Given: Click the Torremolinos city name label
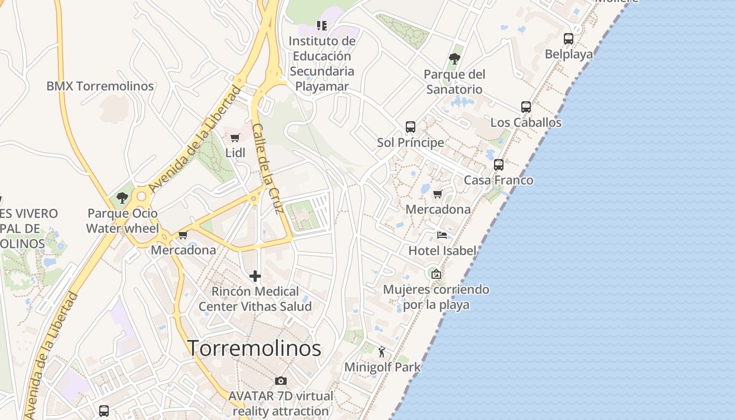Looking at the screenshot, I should coord(254,348).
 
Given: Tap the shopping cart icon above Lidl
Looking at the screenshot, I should coord(235,138).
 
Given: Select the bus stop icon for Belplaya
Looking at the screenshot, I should coord(569,38).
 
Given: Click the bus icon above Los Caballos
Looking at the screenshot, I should coord(526,107).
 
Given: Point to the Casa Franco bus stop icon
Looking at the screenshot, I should coord(499,165).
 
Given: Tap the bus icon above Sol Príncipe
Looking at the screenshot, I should coord(411,127).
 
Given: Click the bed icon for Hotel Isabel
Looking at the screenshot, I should coord(442,235).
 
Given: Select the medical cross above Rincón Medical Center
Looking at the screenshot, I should coord(255,276).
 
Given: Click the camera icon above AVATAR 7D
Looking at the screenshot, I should coord(281,381).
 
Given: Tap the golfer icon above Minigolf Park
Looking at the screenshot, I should coord(382,352).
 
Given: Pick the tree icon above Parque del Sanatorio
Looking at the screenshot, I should coord(455,58).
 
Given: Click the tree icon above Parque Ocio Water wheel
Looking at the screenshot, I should coord(122,198).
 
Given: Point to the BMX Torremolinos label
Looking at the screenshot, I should coord(100,86).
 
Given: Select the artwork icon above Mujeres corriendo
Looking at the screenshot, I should coord(436,274).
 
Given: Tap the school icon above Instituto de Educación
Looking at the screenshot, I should coord(322,25).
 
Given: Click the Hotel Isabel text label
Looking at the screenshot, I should coord(442,250).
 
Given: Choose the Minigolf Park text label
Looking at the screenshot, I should coord(382,367).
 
